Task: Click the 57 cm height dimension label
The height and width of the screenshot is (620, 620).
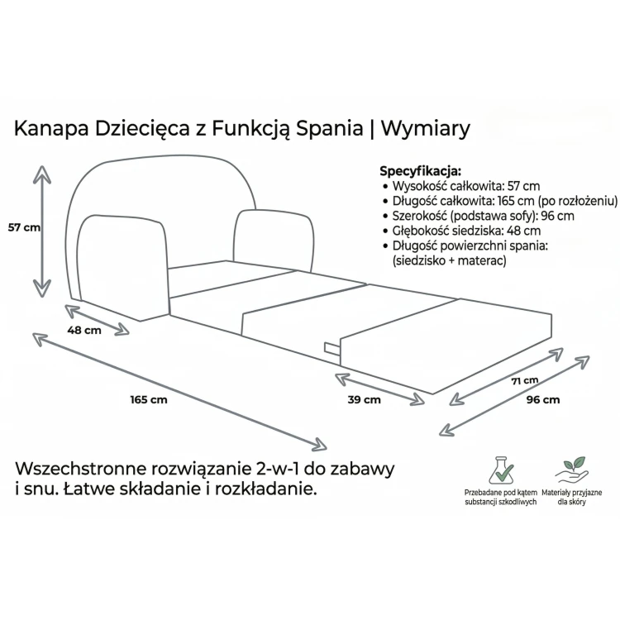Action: pos(25,227)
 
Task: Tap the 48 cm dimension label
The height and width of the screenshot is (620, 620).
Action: pos(84,330)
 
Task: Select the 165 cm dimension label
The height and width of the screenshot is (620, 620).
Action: pos(149,400)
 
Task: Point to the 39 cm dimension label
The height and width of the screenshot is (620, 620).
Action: pos(365,400)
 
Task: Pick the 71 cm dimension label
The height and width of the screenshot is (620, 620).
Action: pos(525,381)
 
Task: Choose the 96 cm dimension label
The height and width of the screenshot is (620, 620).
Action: pos(543,400)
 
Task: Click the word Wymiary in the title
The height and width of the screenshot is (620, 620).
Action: pos(426,128)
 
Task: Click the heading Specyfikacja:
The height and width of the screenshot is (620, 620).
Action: pos(420,171)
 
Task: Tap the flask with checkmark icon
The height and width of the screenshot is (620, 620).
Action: pos(501,470)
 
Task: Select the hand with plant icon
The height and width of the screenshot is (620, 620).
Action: pos(571,470)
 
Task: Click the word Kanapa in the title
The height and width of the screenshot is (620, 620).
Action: pos(51,129)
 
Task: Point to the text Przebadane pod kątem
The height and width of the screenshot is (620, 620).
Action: pos(501,493)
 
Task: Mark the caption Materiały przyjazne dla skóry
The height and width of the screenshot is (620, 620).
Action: pos(572,497)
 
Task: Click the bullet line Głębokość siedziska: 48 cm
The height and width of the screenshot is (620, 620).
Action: pos(462,231)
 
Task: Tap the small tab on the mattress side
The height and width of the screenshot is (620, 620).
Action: pos(332,349)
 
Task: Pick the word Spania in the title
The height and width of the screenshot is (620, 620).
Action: pos(330,129)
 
